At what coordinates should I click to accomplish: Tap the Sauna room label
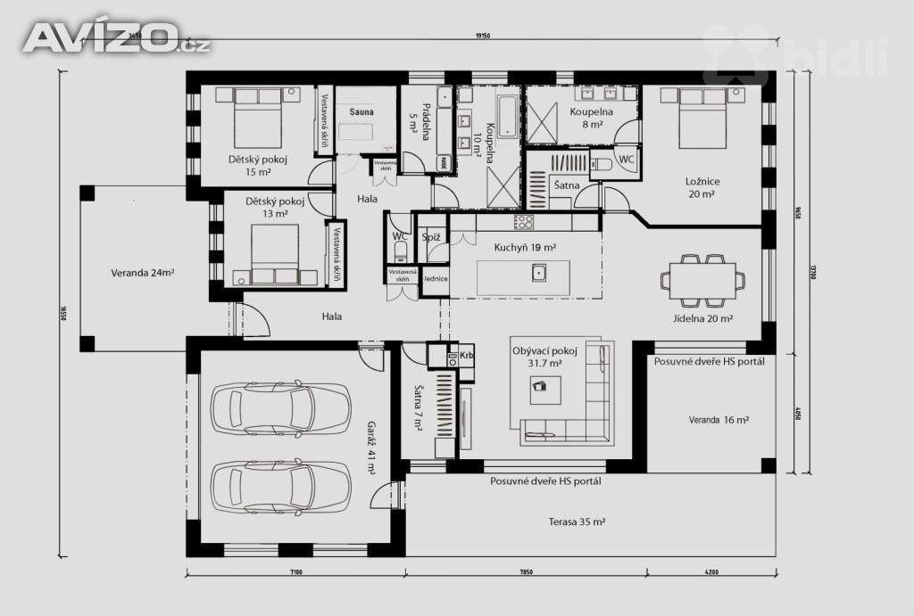point(361,112)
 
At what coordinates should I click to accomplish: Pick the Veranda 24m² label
point(142,273)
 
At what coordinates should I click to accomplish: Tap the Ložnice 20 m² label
point(703,187)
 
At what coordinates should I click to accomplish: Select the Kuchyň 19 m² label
point(526,247)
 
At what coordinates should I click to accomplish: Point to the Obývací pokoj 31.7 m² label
point(544,357)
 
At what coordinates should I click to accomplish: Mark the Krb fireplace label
point(467,356)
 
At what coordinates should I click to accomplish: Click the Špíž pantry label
point(431,237)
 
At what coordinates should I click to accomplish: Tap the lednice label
point(436,278)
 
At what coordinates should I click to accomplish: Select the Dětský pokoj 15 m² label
point(253,166)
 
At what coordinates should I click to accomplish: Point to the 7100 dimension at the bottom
point(296,572)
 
